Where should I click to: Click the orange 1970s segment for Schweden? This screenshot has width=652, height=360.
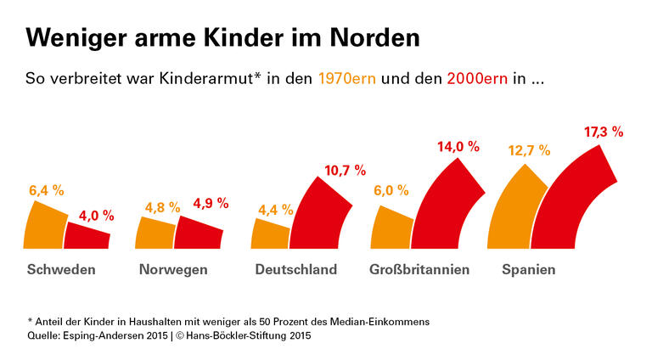click(45, 225)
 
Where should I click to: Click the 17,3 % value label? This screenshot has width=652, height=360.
click(604, 132)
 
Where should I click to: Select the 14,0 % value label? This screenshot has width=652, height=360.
click(458, 146)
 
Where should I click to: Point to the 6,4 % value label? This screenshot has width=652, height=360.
click(47, 190)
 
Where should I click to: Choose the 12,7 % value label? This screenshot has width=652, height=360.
click(529, 150)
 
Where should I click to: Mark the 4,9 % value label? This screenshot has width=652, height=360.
click(210, 203)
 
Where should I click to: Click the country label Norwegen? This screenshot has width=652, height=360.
click(172, 270)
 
